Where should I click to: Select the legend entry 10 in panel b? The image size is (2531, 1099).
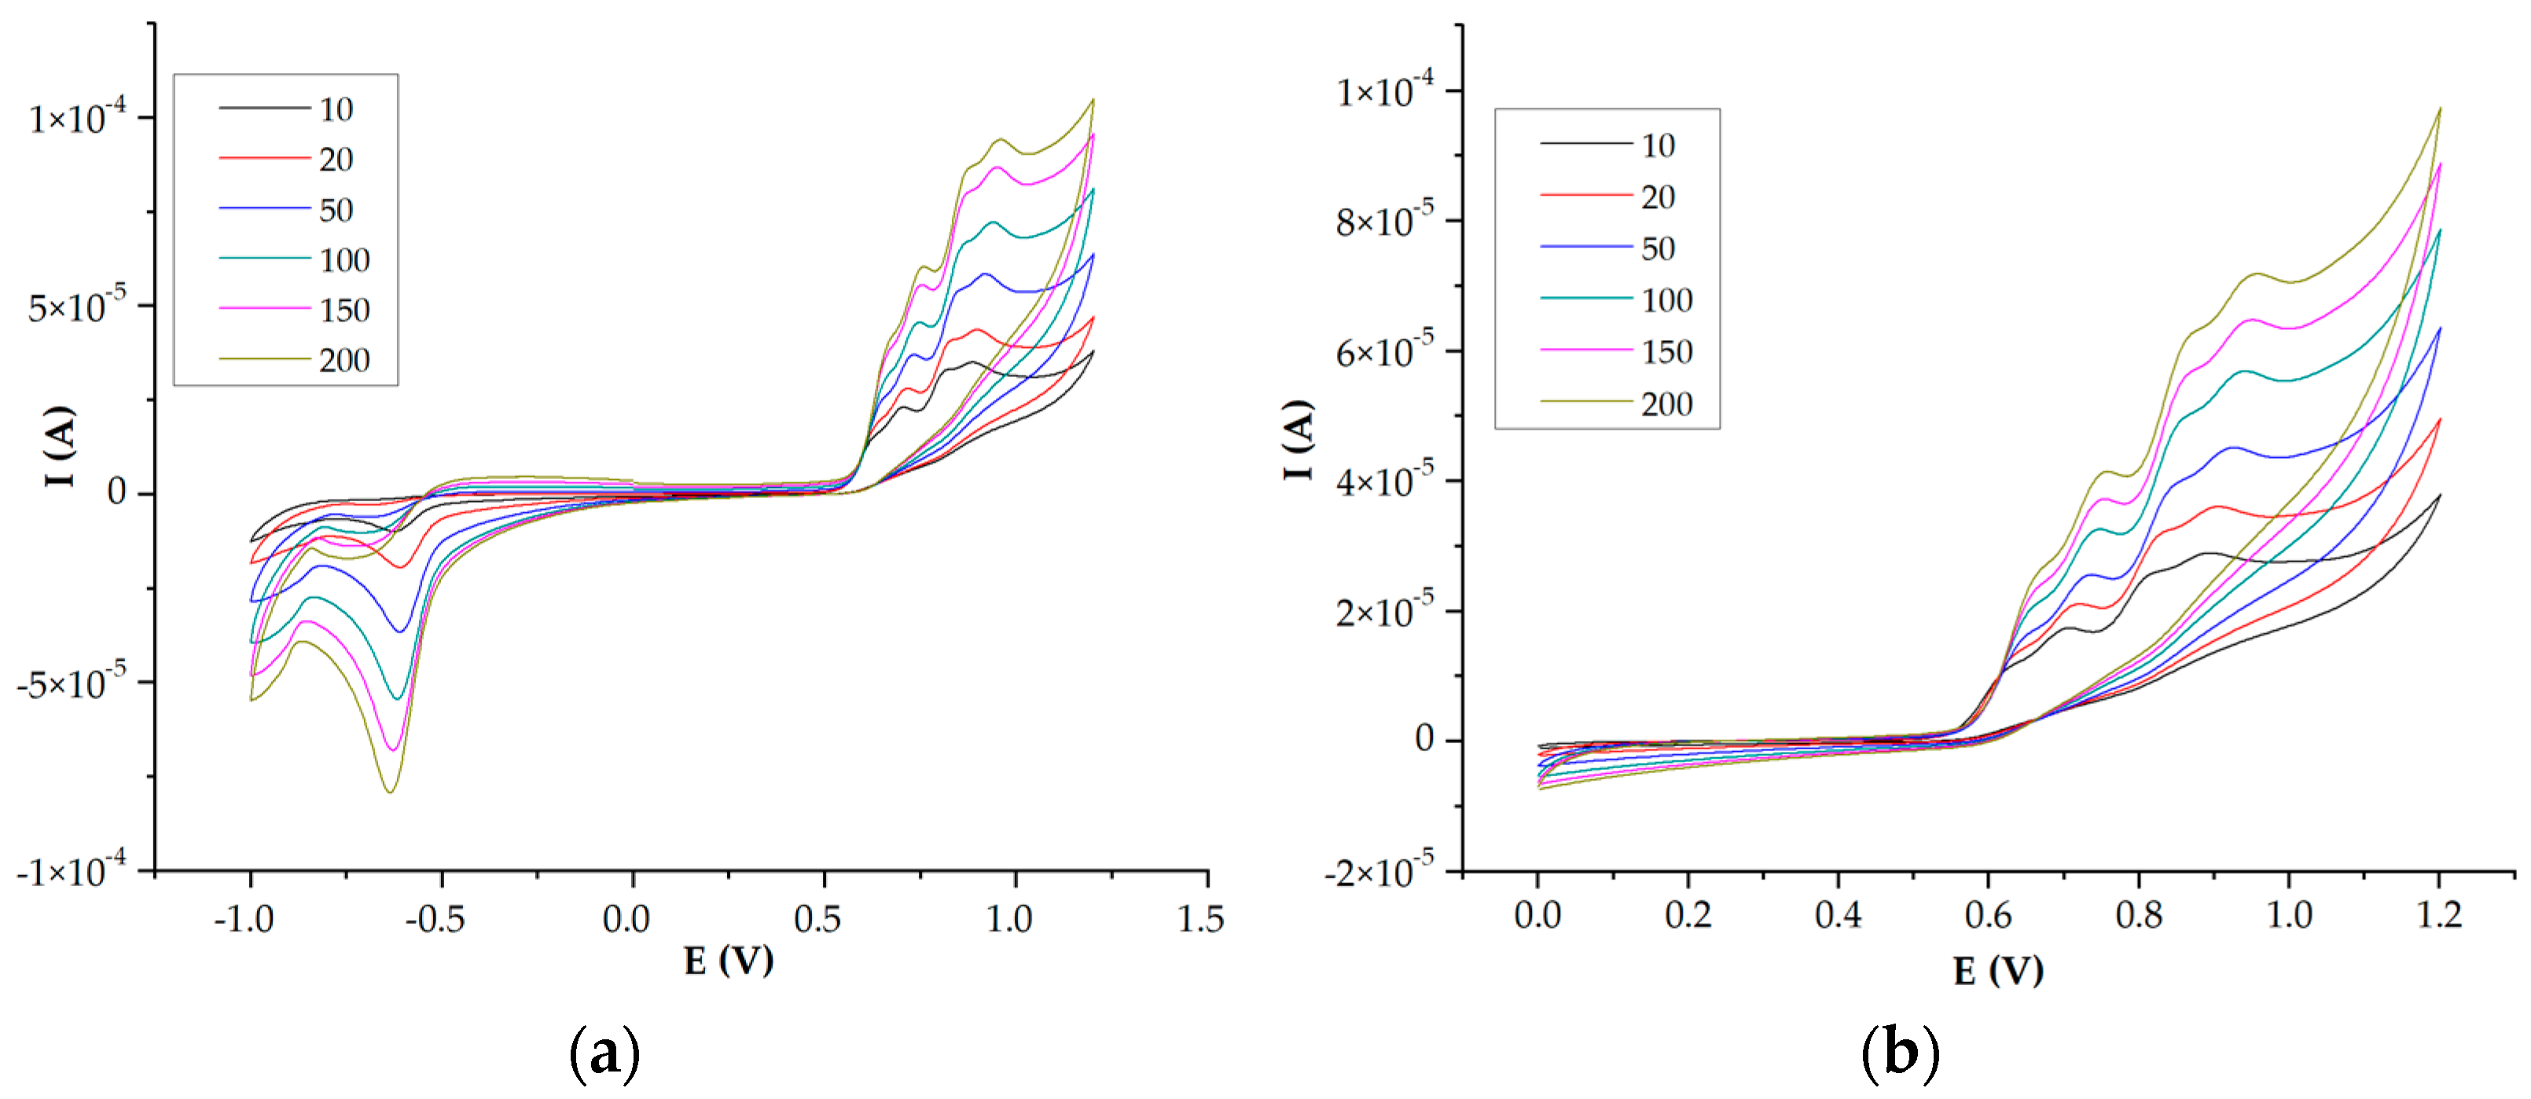click(x=1658, y=145)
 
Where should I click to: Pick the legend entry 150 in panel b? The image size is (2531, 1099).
click(x=1666, y=352)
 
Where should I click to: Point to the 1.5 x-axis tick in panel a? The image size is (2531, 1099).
click(x=1201, y=919)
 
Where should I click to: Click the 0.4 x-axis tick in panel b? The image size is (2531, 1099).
click(x=1838, y=915)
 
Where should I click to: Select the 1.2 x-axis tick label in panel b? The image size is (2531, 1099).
click(x=2438, y=915)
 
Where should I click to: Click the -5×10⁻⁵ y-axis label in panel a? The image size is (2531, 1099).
click(x=71, y=682)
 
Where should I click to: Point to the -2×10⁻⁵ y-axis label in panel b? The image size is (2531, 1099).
click(x=1379, y=870)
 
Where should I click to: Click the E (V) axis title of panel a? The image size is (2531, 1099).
click(x=728, y=961)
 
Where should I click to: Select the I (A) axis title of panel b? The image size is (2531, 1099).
click(x=1298, y=439)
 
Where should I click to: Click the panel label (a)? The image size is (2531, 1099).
click(x=604, y=1053)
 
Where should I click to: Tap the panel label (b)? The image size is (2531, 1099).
click(x=1901, y=1053)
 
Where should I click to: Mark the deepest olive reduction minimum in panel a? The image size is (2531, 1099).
click(x=390, y=792)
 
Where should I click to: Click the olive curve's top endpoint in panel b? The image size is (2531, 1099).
click(x=2440, y=109)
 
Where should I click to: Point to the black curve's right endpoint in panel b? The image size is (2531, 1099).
click(x=2440, y=495)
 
